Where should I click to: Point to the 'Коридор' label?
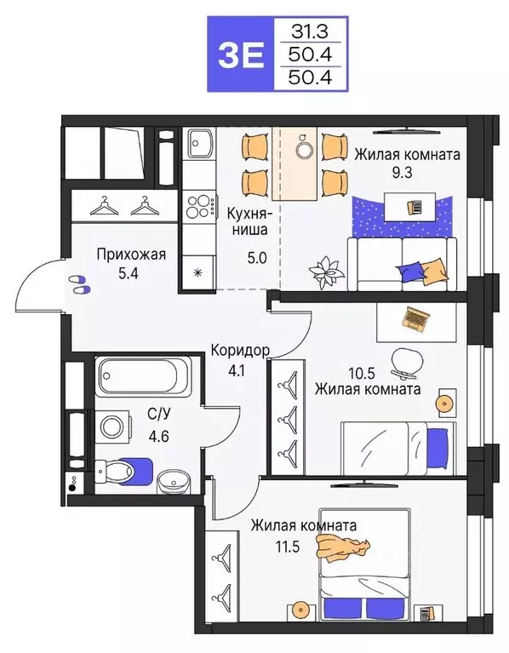(x=242, y=350)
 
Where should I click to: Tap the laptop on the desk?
(x=416, y=318)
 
